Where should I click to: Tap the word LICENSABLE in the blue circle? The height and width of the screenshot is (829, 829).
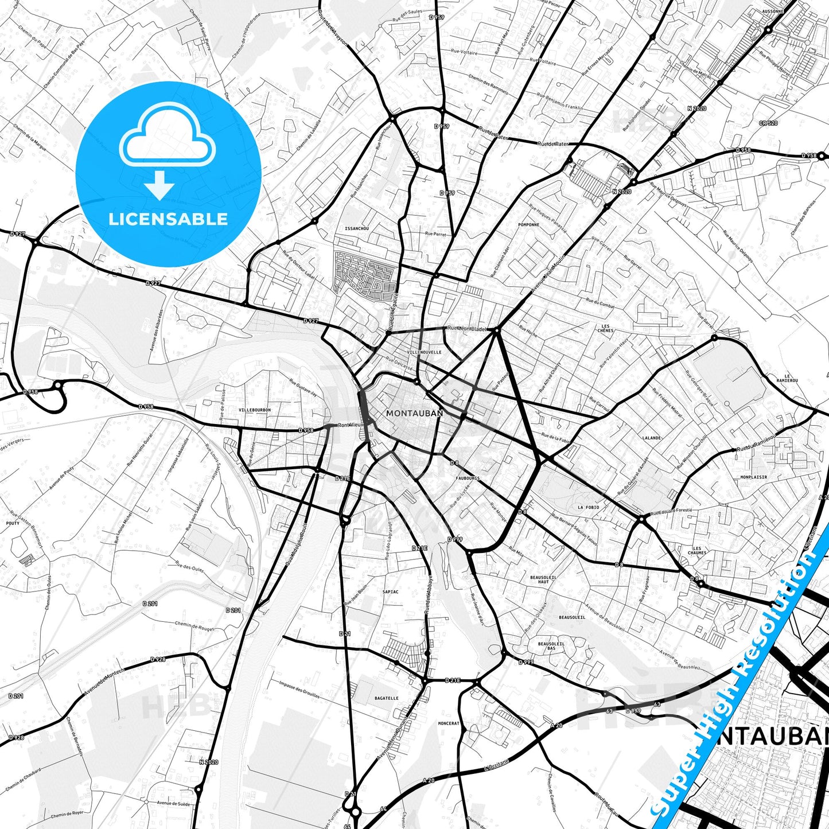point(168,219)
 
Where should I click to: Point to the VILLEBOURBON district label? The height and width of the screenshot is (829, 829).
point(254,410)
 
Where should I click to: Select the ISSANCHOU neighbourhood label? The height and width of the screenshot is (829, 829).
point(357,228)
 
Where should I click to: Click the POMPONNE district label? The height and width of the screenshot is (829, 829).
point(528,225)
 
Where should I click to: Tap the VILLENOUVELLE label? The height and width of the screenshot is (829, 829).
point(424,352)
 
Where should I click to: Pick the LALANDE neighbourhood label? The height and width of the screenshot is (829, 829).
point(651,438)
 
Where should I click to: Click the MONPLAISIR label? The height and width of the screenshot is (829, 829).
point(753,477)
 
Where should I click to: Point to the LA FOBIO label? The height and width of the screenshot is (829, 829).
point(588,507)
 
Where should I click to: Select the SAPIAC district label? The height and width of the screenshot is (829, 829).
point(390,591)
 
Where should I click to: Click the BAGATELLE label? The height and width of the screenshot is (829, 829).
point(386,698)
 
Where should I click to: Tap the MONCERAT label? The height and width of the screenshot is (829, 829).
point(448,723)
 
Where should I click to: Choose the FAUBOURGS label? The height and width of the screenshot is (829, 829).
point(468,478)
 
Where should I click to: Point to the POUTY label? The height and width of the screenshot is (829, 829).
point(13,523)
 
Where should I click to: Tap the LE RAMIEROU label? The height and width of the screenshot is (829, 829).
point(791,379)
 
